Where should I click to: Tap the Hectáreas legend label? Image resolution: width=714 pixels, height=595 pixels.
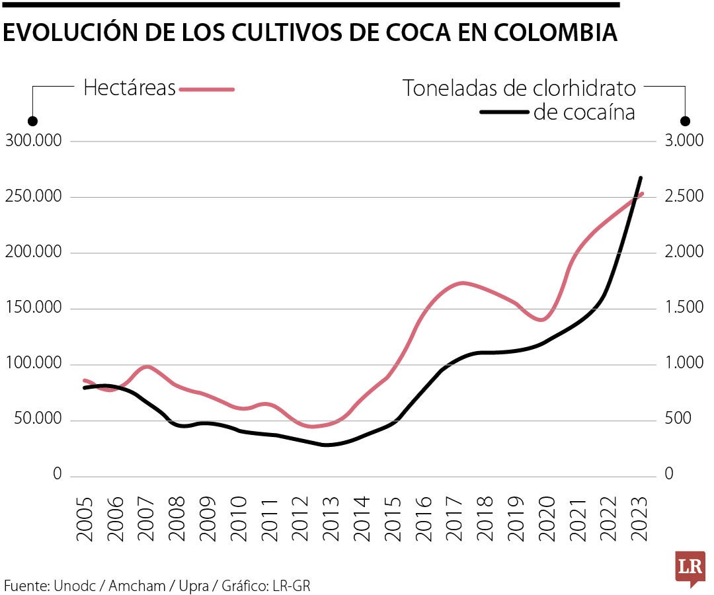click(130, 89)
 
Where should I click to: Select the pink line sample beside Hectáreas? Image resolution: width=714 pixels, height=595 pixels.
click(207, 89)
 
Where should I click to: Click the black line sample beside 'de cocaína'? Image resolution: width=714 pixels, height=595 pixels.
click(504, 112)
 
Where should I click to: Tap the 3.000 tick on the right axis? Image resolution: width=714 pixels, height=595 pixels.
click(676, 141)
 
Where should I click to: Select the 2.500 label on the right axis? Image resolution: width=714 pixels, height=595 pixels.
click(676, 197)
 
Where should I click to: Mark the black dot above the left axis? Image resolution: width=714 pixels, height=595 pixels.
click(32, 122)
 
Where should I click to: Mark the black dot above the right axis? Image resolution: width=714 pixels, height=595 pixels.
click(686, 122)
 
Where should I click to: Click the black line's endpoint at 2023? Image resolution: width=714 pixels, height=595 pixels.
click(641, 177)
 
